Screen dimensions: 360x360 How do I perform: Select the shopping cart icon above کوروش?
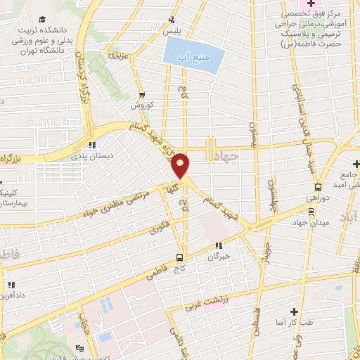(x=142, y=95)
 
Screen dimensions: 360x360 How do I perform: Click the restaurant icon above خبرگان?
(x=218, y=246)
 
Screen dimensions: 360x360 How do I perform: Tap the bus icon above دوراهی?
(x=319, y=187)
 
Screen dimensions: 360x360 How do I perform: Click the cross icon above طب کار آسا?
(x=294, y=311)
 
